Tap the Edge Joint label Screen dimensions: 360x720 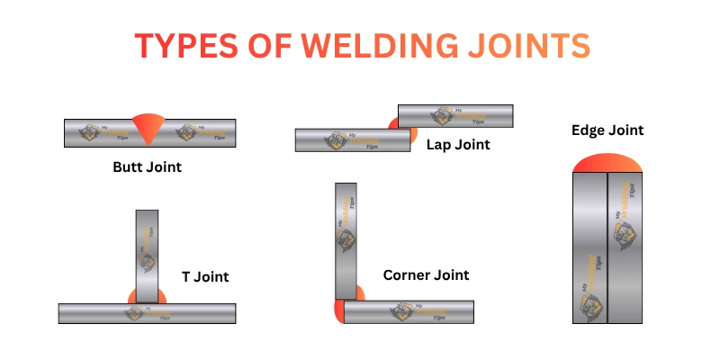tap(607, 130)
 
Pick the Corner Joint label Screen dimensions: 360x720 tap(426, 274)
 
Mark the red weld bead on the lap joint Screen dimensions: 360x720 tap(393, 123)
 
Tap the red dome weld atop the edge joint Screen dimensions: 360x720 tap(607, 163)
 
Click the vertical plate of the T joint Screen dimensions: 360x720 tap(147, 252)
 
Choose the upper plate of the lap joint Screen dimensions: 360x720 tap(455, 115)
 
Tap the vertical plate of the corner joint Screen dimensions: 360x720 tap(346, 238)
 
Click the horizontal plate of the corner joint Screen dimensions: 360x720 tap(423, 311)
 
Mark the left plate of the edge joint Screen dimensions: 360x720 tap(589, 247)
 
